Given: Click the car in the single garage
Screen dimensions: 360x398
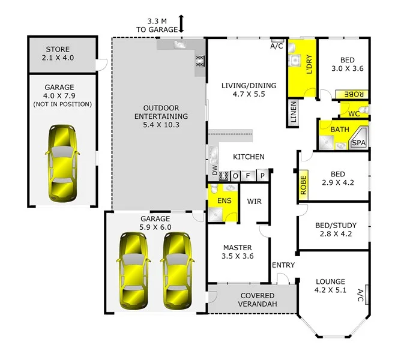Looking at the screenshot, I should pos(62,163).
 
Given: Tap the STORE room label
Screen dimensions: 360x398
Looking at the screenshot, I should pos(58,49).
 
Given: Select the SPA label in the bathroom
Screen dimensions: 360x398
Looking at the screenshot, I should pos(358,143).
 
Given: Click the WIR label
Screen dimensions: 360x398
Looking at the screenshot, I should pos(254,202).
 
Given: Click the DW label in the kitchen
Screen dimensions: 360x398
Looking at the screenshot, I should pos(214,171).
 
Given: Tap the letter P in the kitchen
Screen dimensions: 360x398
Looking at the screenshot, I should pos(262,175).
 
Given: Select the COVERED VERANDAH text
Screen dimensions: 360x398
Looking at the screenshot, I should pos(258,300).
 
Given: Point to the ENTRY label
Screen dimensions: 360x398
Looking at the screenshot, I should pos(283,265).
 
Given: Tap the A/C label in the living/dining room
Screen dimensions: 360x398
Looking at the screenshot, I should pos(277,46).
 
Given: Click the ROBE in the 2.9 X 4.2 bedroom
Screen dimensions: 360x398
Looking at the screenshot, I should pos(303,186).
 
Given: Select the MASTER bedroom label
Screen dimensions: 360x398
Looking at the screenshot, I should pos(237,247).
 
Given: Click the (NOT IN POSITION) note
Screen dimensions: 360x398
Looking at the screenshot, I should pos(63,104).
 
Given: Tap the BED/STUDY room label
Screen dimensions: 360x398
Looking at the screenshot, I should pos(336,226).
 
